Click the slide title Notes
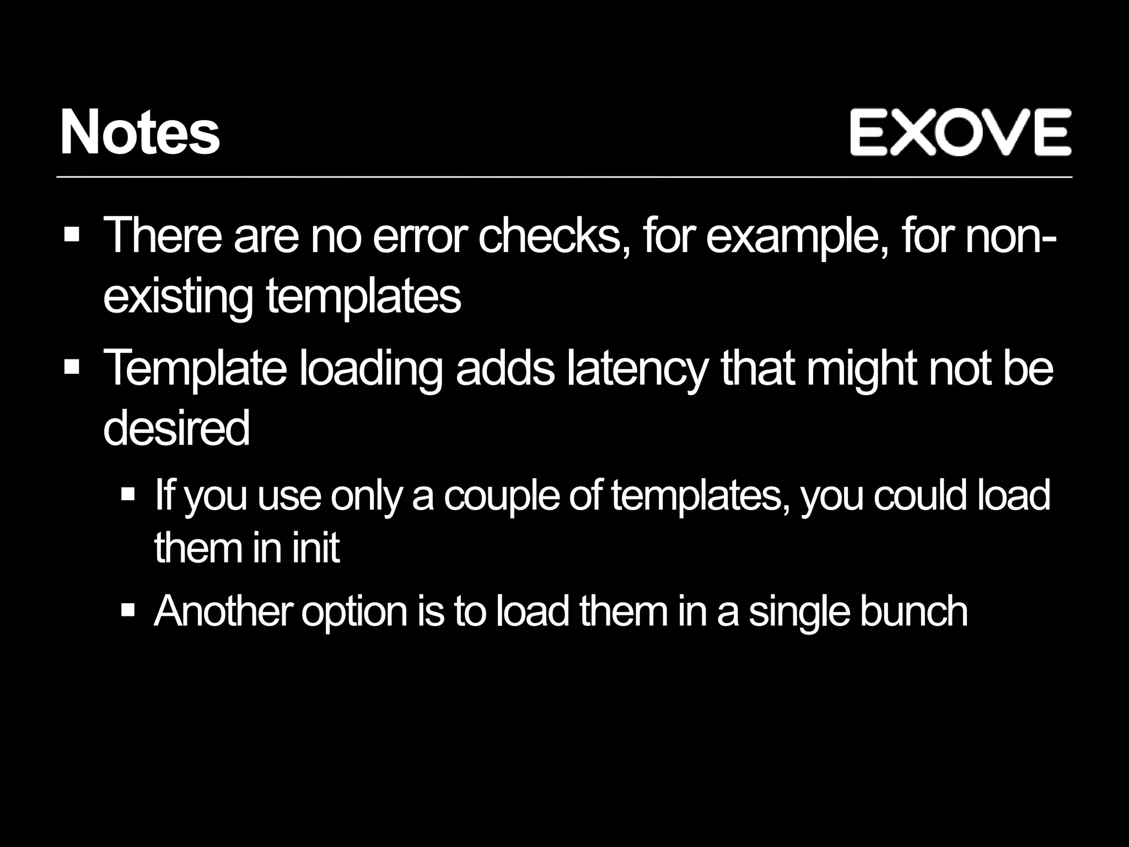point(140,133)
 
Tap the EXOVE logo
point(960,132)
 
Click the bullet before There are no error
point(72,235)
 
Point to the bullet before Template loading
point(72,366)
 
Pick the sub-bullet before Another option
point(128,610)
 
